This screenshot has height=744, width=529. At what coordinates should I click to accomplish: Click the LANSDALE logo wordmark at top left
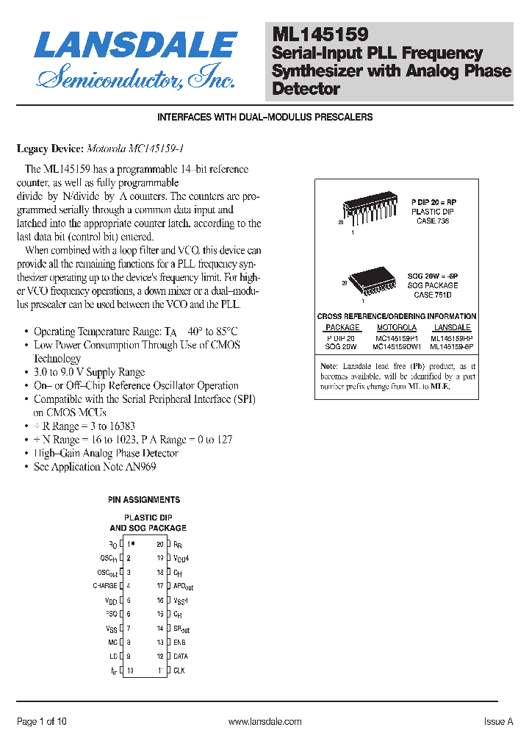click(x=136, y=45)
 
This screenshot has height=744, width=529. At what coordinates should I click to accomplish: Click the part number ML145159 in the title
click(x=320, y=34)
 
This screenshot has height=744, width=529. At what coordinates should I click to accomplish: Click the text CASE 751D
click(x=433, y=295)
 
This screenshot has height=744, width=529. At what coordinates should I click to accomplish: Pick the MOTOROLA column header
click(x=397, y=327)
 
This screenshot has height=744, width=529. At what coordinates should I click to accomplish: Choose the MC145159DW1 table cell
click(x=397, y=346)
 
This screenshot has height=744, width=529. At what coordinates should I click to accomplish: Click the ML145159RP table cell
click(x=452, y=338)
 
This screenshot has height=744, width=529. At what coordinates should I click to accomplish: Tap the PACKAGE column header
click(x=342, y=327)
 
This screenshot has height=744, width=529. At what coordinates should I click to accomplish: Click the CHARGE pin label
click(x=105, y=586)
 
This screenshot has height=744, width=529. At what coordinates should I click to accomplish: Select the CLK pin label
click(x=179, y=670)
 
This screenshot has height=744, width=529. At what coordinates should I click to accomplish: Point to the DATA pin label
click(x=181, y=657)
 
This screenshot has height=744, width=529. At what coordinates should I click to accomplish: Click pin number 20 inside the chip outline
click(x=160, y=544)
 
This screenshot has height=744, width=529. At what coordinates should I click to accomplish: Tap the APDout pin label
click(x=183, y=587)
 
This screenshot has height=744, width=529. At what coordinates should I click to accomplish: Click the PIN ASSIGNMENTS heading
click(x=144, y=500)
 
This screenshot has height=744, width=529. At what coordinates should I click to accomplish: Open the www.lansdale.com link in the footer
click(x=264, y=722)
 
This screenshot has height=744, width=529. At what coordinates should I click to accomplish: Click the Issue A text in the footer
click(x=498, y=722)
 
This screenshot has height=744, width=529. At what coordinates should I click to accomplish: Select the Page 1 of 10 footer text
click(x=42, y=722)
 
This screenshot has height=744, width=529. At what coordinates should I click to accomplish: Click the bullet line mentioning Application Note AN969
click(x=95, y=467)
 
